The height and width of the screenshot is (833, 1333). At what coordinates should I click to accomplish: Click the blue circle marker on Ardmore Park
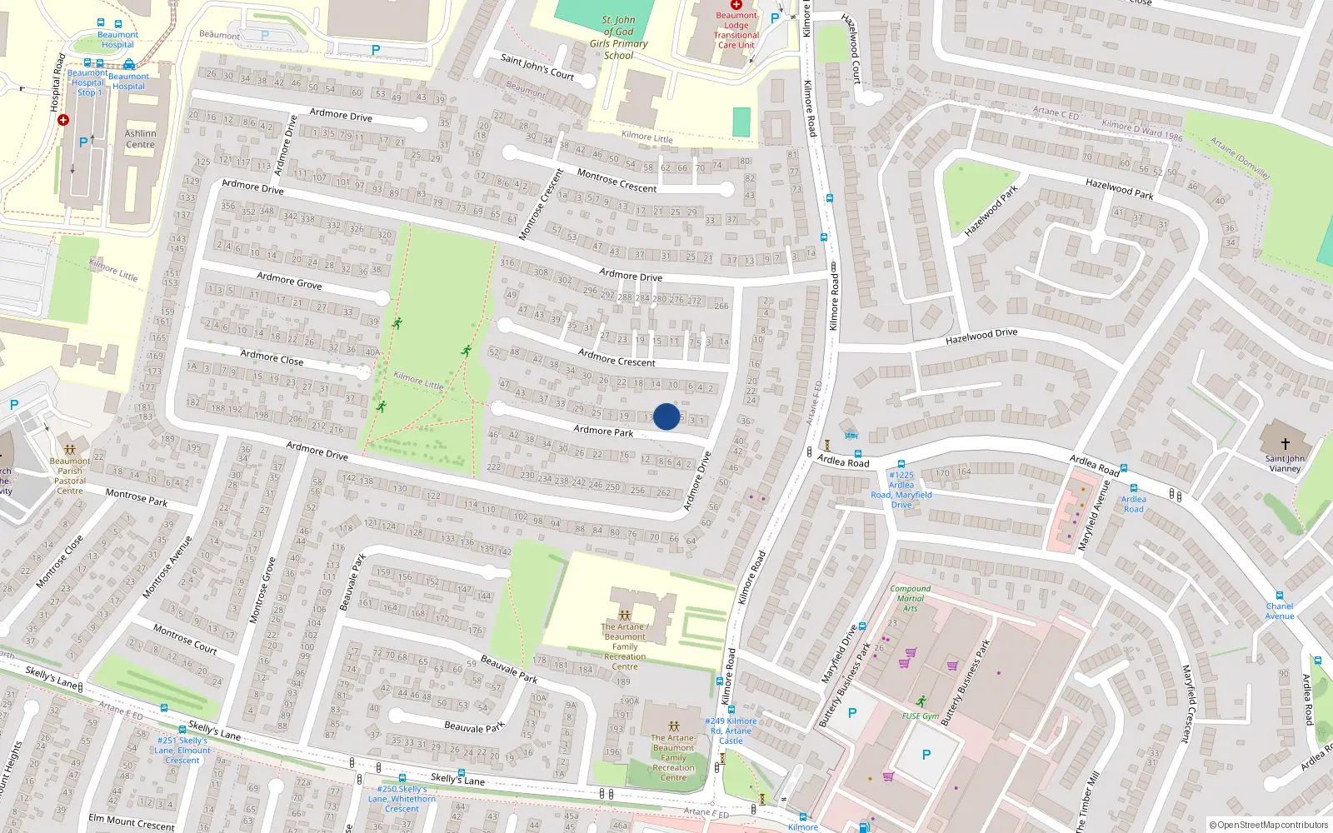pos(666,416)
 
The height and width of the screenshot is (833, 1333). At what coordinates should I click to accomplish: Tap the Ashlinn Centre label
pos(140,138)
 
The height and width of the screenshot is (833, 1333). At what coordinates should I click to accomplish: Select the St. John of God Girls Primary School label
pos(618,37)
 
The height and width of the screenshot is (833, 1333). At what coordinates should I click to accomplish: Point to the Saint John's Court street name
pos(537,67)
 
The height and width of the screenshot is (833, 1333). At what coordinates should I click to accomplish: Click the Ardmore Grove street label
pos(289,281)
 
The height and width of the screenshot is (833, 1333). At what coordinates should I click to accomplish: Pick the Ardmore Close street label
pos(272,357)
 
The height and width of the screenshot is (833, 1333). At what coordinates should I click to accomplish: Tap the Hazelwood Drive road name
pos(981,336)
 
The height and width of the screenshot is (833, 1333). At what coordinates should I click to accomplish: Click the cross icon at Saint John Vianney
pos(1285,444)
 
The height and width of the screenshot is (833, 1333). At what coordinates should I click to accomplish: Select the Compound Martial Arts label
pos(911,598)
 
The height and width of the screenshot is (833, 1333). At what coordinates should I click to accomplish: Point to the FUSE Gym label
pos(921,716)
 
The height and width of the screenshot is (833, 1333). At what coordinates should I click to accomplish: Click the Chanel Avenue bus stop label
pos(1280,611)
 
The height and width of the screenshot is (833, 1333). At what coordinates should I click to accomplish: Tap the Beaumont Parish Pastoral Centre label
pos(70,476)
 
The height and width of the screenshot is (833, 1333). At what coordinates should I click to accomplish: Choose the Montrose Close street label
pos(60,561)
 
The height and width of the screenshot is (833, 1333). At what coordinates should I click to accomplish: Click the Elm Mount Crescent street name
pos(132,823)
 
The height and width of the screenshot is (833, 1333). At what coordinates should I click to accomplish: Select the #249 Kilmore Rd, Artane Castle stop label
pos(731,731)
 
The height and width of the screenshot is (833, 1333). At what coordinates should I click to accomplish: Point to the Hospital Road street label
pos(57,83)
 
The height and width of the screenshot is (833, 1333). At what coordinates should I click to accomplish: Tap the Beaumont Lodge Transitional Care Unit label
pos(736,30)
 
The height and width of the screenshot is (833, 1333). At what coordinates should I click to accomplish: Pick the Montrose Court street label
pos(185,639)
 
